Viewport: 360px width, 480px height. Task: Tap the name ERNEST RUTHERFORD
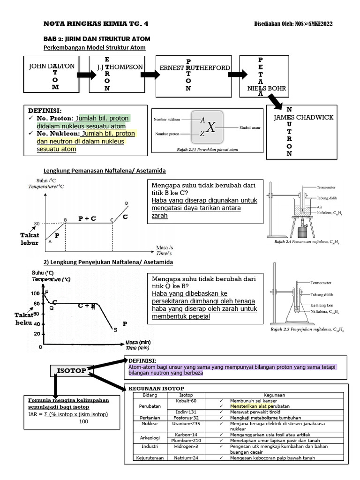tap(195, 68)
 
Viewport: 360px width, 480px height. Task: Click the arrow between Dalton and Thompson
tap(86, 75)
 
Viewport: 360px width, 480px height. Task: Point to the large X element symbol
tap(212, 127)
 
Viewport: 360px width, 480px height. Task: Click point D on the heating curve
tap(127, 203)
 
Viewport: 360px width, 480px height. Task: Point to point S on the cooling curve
tap(115, 330)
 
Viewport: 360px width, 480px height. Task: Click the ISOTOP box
tap(71, 370)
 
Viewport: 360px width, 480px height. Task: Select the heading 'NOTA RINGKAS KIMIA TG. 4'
tap(98, 24)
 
